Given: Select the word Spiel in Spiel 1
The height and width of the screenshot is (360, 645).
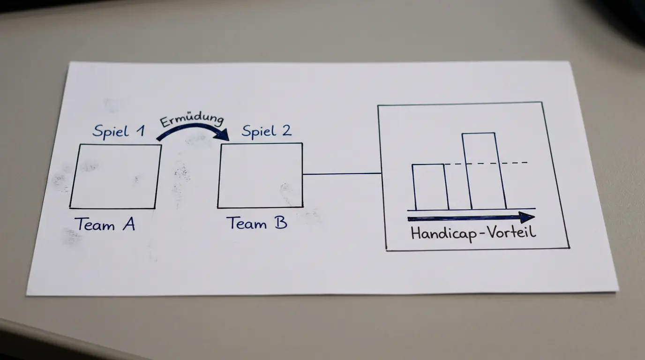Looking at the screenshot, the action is (x=111, y=131).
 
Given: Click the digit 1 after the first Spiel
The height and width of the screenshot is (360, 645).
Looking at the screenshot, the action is (x=140, y=131).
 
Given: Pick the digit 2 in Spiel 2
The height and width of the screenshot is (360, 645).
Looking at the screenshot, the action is (x=286, y=130).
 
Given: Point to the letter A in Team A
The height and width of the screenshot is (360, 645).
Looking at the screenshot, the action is (x=129, y=224).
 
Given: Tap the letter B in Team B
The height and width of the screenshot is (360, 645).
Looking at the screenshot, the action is (x=281, y=222).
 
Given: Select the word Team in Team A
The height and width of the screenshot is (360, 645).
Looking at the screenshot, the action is (x=95, y=225).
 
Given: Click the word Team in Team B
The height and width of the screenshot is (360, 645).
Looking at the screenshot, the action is (x=247, y=223).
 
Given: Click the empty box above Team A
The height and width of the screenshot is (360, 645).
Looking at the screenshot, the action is (x=115, y=176).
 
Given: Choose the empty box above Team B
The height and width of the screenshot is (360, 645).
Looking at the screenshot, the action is (x=260, y=175).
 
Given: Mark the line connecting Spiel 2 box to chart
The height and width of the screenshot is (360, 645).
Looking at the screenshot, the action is (x=342, y=173).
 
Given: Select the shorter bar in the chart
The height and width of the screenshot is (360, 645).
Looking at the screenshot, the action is (x=430, y=187).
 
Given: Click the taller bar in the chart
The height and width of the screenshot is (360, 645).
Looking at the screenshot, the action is (x=484, y=171).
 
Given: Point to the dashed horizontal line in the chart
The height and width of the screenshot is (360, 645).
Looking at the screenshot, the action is (x=486, y=163).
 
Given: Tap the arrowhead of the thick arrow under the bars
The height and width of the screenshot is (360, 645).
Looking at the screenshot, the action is (x=527, y=217).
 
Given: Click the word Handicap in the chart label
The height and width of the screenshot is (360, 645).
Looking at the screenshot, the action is (x=444, y=233).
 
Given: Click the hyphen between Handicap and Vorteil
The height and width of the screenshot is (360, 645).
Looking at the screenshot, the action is (x=482, y=233).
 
